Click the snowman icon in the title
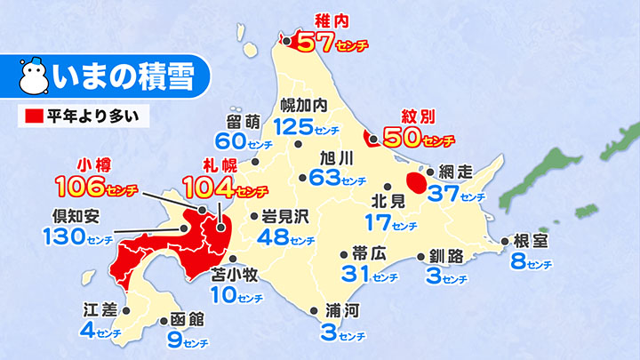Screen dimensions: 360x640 click(x=36, y=77)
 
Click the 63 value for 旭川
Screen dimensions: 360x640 click(x=326, y=178)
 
